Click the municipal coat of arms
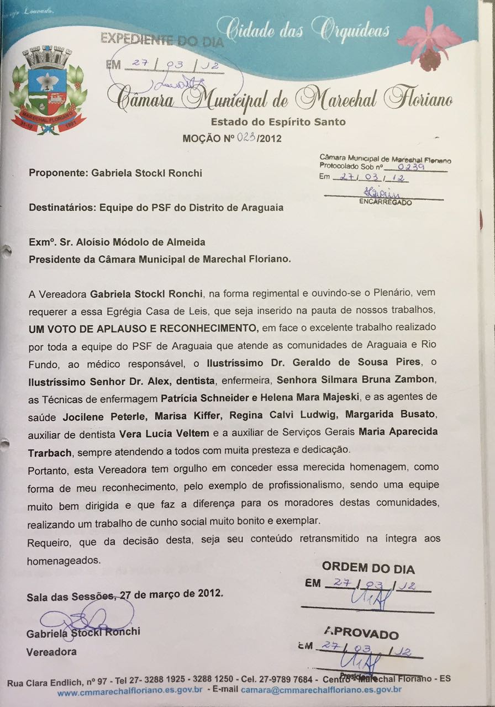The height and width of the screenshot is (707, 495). pyautogui.click(x=48, y=90)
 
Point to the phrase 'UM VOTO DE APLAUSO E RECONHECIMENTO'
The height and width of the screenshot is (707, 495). pyautogui.click(x=143, y=328)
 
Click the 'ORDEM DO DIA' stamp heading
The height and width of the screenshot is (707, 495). pyautogui.click(x=368, y=568)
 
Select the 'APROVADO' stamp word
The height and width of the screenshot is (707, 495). pyautogui.click(x=361, y=634)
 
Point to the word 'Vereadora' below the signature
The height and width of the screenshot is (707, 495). pyautogui.click(x=51, y=652)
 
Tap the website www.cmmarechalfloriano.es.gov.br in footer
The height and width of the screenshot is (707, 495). pyautogui.click(x=130, y=690)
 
